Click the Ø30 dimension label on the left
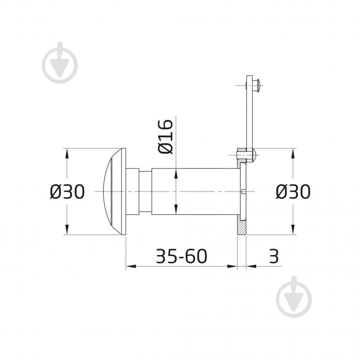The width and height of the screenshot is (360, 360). [67, 191]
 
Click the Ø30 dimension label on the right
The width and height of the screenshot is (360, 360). [293, 191]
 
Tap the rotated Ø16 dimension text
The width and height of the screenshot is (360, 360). [165, 137]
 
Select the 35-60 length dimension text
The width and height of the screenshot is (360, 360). [182, 256]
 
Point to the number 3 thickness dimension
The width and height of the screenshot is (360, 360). [273, 256]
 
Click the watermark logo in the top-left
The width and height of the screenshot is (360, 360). [59, 63]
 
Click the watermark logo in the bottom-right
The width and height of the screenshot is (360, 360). [294, 296]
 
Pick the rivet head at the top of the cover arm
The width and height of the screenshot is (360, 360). [257, 86]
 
